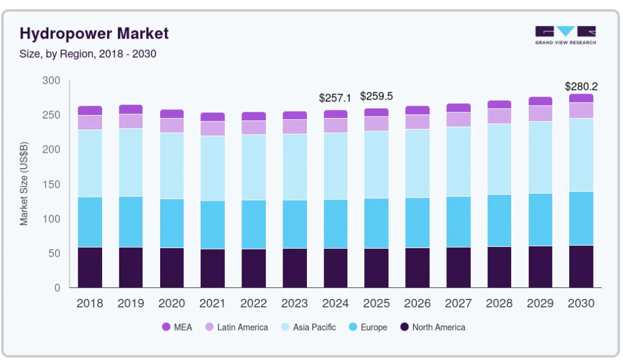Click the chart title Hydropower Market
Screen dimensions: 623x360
94,34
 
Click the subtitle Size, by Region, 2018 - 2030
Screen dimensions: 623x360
88,54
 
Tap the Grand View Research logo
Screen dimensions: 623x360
566,35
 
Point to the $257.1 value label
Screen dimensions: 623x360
335,98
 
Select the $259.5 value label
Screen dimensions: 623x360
376,96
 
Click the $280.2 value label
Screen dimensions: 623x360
581,86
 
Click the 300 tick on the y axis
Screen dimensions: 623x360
51,81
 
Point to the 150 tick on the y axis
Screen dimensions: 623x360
51,185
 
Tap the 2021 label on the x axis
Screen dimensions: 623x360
213,304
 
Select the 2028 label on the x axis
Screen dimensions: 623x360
500,304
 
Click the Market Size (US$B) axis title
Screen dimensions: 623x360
24,183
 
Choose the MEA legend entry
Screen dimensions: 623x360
177,327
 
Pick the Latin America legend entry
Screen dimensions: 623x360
237,327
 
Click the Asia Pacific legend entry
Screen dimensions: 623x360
309,327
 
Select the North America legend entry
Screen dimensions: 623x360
433,327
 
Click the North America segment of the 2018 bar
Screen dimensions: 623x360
90,268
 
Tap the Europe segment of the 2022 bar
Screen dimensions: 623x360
254,224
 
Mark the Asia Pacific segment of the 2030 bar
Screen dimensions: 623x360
581,155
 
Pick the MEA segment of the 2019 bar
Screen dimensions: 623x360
131,109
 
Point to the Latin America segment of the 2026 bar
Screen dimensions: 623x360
417,122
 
